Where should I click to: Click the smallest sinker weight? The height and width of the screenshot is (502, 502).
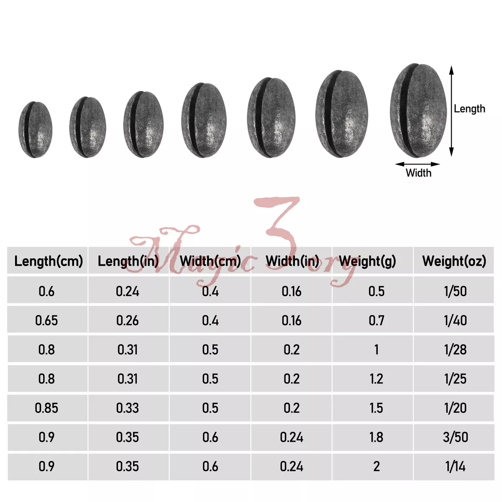tap(36, 129)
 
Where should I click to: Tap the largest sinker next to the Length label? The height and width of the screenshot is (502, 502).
tap(418, 110)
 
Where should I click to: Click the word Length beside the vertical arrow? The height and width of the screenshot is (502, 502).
tap(469, 109)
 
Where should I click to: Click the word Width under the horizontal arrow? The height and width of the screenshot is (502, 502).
tap(418, 173)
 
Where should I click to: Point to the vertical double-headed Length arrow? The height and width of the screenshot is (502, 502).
tap(451, 111)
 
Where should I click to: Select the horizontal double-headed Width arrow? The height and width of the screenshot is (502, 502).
tap(417, 164)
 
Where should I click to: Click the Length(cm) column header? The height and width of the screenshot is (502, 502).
tap(49, 261)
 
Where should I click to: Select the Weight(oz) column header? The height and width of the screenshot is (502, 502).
tap(454, 261)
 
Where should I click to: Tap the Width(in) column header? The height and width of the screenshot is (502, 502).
tap(292, 261)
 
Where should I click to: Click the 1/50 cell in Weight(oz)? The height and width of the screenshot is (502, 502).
tap(455, 291)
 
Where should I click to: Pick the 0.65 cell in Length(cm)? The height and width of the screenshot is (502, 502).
tap(46, 320)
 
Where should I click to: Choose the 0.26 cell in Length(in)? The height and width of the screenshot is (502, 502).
tap(128, 320)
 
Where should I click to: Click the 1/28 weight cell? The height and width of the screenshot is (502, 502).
tap(455, 350)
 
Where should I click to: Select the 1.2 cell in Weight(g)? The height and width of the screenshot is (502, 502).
tap(376, 379)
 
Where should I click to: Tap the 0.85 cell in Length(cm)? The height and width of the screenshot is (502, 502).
tap(46, 408)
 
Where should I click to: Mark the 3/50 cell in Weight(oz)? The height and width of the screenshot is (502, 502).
tap(456, 437)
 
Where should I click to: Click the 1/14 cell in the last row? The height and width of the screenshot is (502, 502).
tap(455, 466)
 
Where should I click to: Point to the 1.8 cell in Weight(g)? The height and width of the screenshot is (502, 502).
tap(376, 437)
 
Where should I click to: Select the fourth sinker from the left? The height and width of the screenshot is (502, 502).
tap(204, 120)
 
